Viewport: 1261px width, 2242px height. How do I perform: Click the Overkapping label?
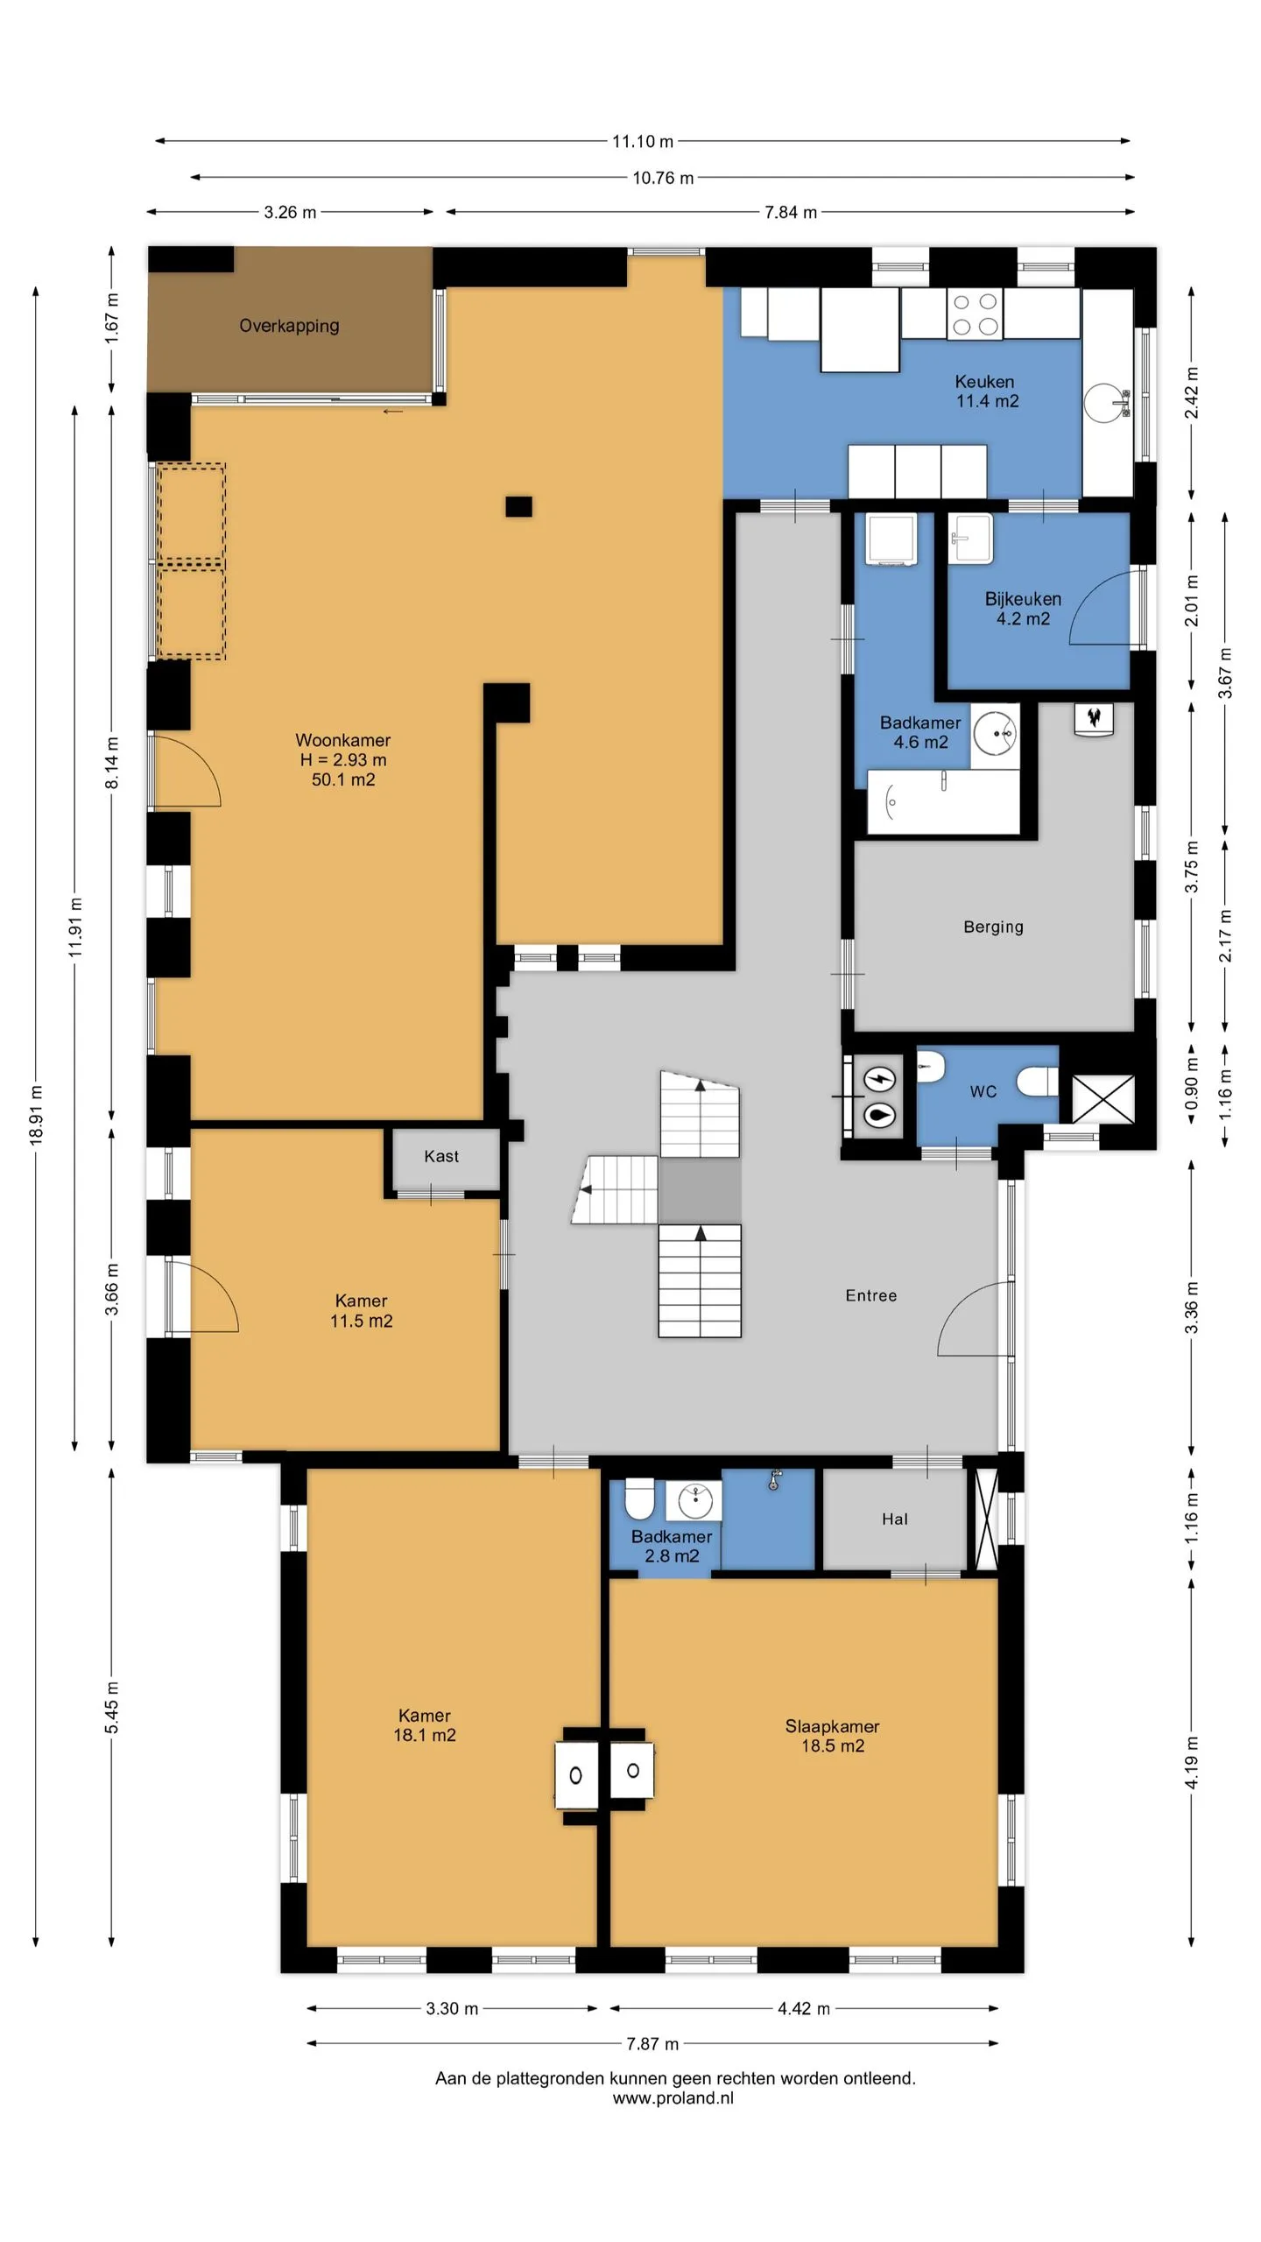289,326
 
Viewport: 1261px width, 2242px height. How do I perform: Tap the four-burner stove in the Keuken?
975,314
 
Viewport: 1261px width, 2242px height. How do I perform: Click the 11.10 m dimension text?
643,141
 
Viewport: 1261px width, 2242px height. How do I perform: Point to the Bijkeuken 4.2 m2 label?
1023,609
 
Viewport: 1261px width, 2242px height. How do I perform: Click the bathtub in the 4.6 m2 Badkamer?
943,801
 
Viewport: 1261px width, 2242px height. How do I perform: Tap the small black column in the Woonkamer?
518,506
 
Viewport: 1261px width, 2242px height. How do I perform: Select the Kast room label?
441,1156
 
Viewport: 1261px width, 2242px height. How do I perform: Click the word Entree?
871,1295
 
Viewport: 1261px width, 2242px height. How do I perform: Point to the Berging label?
993,927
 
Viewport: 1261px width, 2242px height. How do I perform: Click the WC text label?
983,1091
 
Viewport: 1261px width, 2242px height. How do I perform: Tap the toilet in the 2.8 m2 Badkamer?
640,1499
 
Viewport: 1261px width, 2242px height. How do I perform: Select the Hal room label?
895,1519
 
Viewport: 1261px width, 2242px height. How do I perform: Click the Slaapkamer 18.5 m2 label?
832,1736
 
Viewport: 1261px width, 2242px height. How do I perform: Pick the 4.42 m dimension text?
804,2008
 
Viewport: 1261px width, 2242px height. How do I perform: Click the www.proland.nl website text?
673,2097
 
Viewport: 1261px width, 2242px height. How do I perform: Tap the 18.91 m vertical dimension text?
36,1115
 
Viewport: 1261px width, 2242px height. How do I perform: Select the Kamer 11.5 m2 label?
361,1311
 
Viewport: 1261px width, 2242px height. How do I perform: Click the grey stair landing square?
700,1189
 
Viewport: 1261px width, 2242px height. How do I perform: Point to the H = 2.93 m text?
343,760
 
